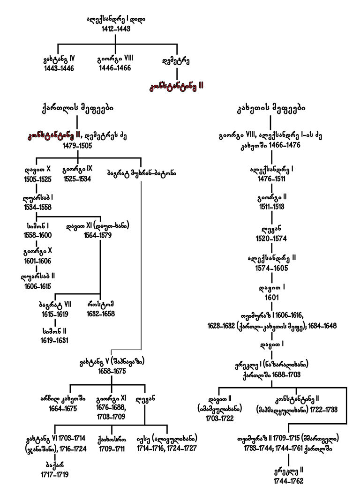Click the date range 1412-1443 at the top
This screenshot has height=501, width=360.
116,29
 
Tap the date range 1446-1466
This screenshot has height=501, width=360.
116,68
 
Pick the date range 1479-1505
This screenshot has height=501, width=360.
77,146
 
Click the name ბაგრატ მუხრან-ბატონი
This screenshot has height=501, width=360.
142,172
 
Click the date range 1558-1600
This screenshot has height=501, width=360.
37,235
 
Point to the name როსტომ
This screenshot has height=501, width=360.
101,304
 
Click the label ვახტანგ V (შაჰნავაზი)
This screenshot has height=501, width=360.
112,361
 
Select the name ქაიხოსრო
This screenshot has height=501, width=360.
112,439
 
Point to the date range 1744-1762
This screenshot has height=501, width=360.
289,481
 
